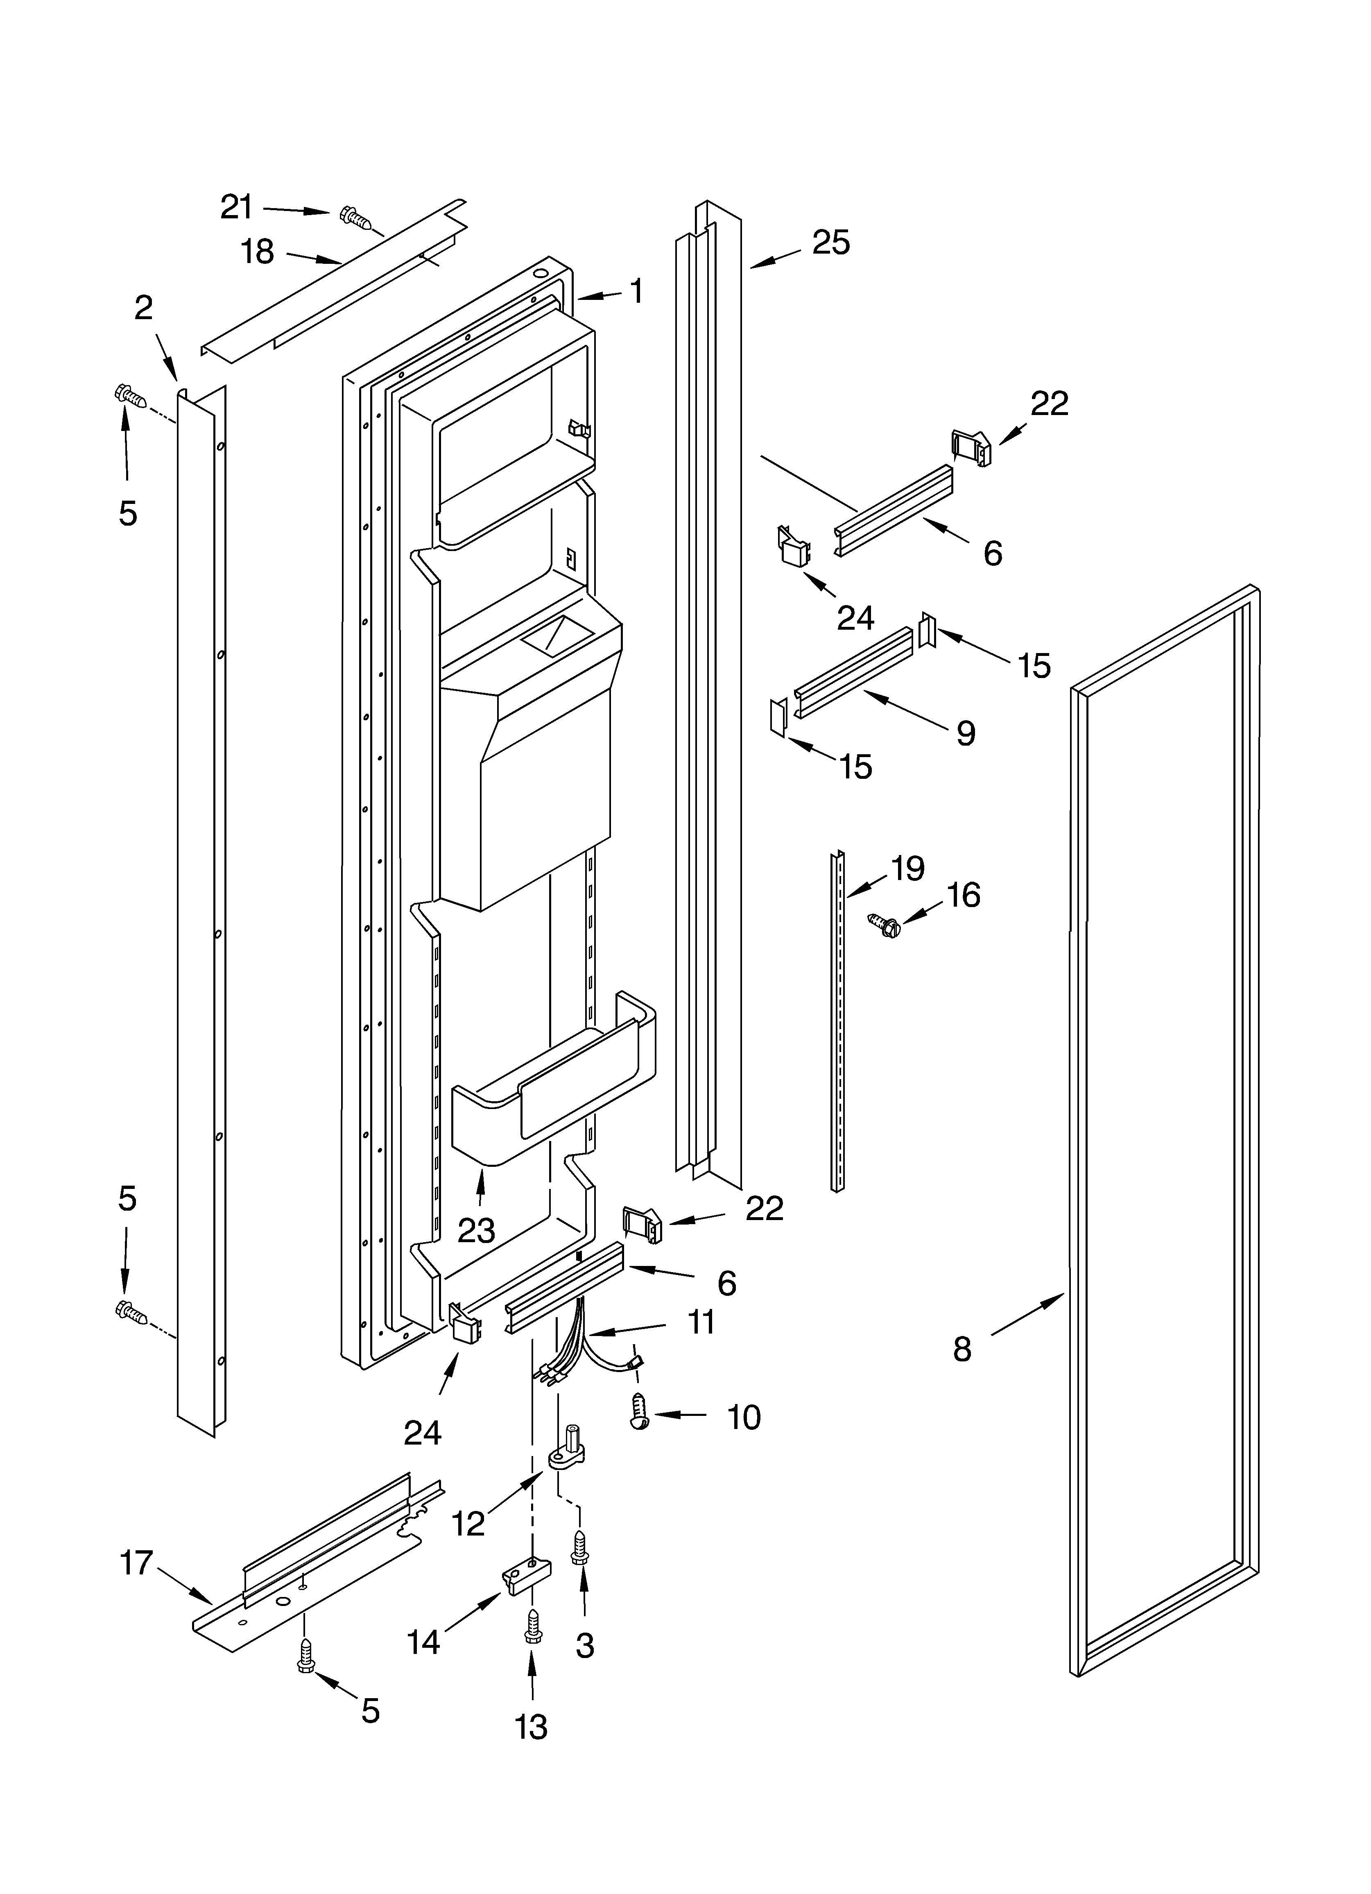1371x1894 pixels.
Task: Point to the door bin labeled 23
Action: point(551,1094)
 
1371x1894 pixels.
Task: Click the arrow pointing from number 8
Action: point(1027,1315)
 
